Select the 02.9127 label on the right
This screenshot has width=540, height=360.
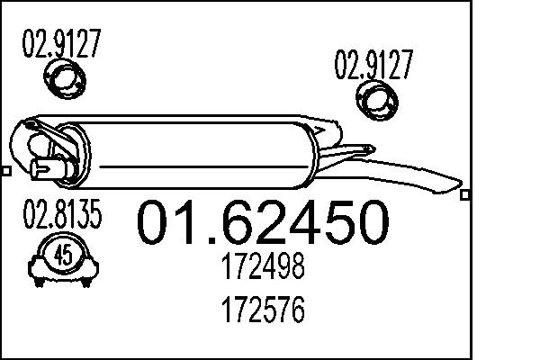coord(374,65)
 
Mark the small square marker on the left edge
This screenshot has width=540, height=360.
coord(4,170)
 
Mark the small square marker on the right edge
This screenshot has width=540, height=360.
coord(464,193)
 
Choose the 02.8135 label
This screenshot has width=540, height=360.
coord(61,217)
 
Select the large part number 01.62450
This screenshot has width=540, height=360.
coord(263,223)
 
